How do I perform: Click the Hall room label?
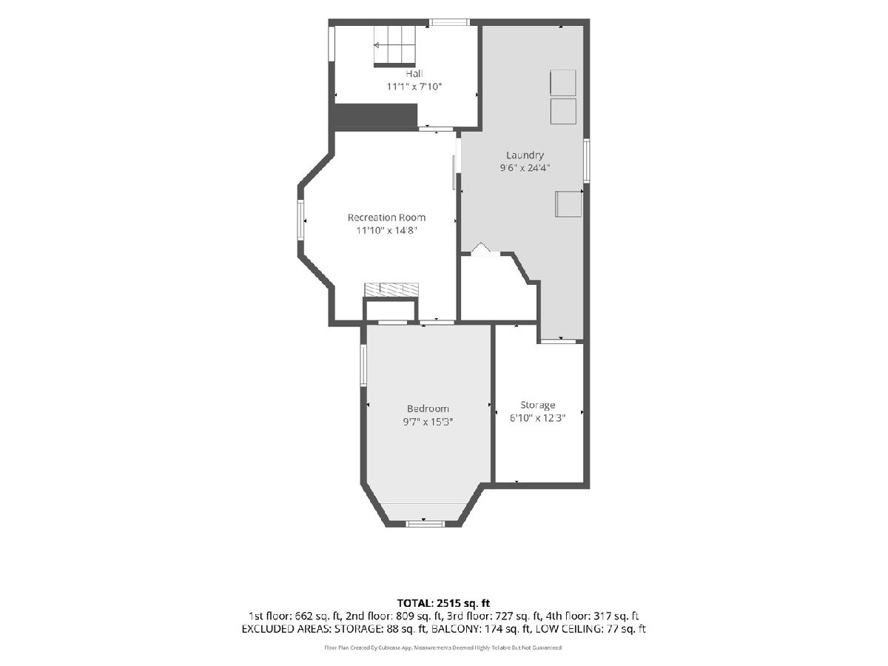(414, 73)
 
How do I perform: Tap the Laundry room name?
(525, 155)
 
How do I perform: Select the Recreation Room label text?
(386, 218)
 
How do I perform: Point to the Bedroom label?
(428, 408)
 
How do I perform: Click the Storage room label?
(537, 406)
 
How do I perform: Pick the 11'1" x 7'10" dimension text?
(414, 87)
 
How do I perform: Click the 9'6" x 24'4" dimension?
(525, 168)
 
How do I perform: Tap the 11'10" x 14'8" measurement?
(386, 230)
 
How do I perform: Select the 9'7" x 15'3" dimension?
(428, 422)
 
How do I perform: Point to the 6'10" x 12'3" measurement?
(537, 418)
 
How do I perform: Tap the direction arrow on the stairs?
(377, 45)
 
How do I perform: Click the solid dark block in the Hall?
(374, 115)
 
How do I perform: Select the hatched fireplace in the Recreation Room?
(391, 289)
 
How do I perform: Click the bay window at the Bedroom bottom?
(425, 524)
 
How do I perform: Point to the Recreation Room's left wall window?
(300, 220)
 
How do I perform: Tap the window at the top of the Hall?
(449, 22)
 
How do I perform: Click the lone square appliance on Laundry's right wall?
(568, 204)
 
